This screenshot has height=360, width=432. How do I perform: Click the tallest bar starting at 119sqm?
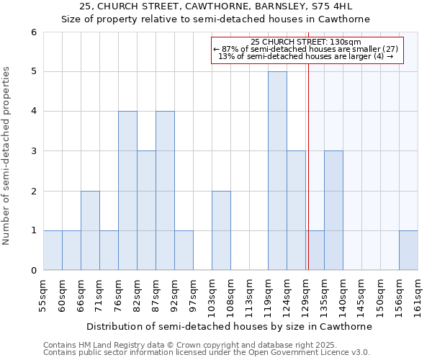coord(277,171)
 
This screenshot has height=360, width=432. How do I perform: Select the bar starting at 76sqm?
coord(127,191)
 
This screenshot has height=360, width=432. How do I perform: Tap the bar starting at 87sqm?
coord(165,191)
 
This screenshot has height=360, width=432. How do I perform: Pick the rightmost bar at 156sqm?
coord(408,251)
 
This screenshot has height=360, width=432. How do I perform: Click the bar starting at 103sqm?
coord(221,230)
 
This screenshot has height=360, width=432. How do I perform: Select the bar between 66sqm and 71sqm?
coord(90,230)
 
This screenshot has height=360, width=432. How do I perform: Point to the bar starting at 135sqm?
coord(333,210)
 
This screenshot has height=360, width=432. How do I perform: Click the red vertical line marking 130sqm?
coord(308,166)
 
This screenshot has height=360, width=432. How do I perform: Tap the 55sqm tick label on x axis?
coord(43,294)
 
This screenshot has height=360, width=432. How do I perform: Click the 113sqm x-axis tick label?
coord(249,294)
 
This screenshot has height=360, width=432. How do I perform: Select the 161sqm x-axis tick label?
coord(418,294)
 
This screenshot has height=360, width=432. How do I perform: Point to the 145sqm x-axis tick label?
coord(361,294)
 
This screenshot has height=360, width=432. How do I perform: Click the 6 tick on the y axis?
coord(33,32)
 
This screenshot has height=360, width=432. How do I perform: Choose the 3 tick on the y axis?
coord(33,151)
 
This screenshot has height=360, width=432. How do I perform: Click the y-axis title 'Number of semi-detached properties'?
coord(6,155)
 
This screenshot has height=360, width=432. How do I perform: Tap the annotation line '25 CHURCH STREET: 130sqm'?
coord(306,42)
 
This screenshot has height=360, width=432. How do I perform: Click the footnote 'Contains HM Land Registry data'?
coord(108,345)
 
